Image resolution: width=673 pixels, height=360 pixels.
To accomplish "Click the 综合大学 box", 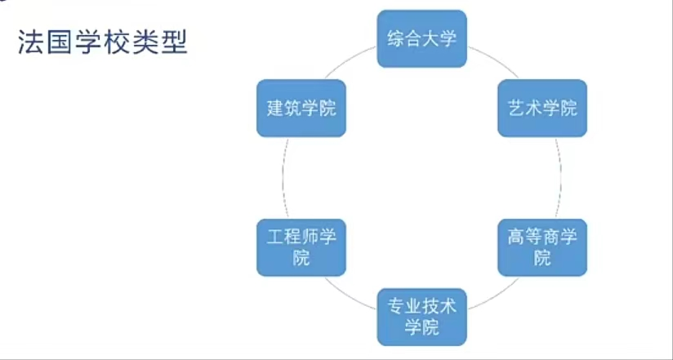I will pos(421,38).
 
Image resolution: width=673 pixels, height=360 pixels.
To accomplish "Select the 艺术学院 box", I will pos(542,108).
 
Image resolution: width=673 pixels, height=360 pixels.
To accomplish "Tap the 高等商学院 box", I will pos(542,247).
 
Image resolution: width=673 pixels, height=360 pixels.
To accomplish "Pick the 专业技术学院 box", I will pos(421,316).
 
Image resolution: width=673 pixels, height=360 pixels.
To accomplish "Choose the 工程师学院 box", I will pos(301,247).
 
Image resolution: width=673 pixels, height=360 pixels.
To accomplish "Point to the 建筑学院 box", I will pos(301,108).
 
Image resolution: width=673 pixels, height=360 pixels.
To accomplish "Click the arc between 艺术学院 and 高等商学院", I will pos(562,177).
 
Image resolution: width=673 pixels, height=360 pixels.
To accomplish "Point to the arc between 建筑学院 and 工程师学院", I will pos(282,177).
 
